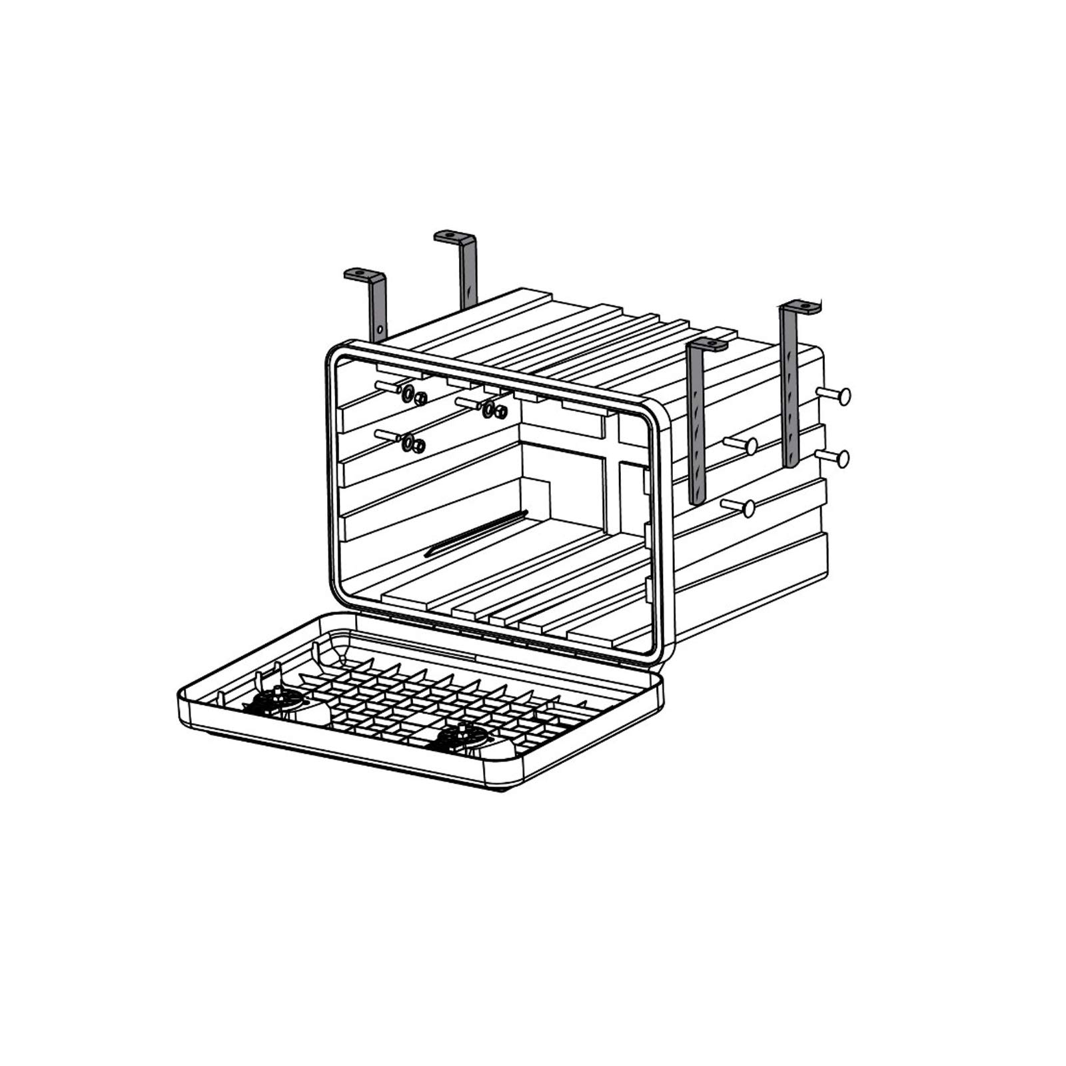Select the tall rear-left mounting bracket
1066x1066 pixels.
[x=468, y=273]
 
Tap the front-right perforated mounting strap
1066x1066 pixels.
[x=696, y=426]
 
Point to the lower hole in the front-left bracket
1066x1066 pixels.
[x=379, y=329]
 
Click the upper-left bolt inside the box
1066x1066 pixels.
[x=390, y=387]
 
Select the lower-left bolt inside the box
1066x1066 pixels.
[x=390, y=436]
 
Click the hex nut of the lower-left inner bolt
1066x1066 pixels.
[x=419, y=446]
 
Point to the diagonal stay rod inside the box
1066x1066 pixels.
[x=476, y=533]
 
